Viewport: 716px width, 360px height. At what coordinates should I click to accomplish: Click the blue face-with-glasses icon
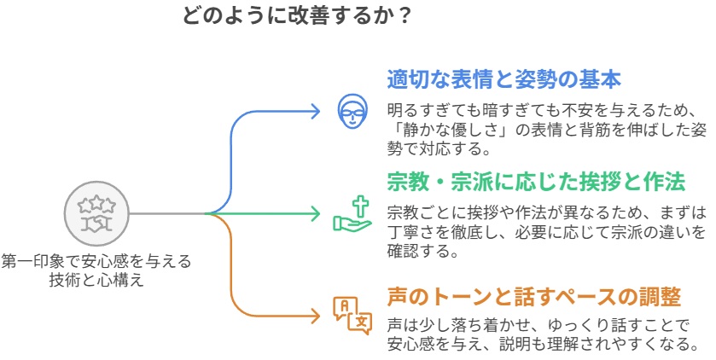click(351, 112)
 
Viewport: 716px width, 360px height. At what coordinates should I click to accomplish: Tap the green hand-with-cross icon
click(351, 213)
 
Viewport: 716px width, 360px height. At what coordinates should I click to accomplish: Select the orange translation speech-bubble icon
click(352, 312)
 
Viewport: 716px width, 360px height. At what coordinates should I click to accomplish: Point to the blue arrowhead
click(317, 112)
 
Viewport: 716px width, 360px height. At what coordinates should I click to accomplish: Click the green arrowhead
click(317, 213)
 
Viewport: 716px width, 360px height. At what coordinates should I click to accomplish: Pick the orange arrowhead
click(317, 313)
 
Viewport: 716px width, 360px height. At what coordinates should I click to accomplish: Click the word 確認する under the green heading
click(423, 253)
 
